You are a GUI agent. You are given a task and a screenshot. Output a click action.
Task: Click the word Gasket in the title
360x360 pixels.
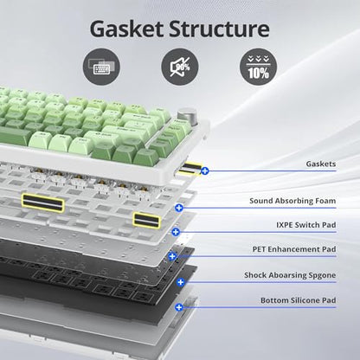click(126, 29)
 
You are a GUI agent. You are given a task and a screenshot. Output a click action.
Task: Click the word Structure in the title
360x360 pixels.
click(219, 29)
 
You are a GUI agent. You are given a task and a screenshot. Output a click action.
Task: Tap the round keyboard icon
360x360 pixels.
click(101, 67)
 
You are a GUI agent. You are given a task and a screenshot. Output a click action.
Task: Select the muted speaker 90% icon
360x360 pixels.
click(180, 67)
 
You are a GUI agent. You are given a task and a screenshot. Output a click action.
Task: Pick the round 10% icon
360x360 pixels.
click(259, 67)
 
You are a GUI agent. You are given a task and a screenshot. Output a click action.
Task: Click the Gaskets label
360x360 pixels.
click(321, 164)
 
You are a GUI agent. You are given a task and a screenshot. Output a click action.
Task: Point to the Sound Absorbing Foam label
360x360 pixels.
click(292, 201)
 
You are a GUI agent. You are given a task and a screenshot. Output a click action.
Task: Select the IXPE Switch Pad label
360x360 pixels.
click(306, 225)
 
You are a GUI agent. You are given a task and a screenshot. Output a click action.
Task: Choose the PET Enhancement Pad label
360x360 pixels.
click(294, 249)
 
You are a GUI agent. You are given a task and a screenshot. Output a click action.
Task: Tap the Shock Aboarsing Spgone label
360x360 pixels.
click(290, 275)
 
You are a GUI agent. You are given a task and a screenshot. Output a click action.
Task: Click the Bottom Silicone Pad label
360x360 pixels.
click(299, 300)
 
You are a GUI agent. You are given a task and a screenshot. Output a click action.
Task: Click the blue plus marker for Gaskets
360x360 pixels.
click(205, 171)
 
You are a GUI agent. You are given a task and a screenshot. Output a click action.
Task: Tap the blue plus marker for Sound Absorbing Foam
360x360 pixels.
click(179, 208)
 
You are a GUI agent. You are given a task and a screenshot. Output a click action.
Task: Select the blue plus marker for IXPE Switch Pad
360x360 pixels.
click(176, 232)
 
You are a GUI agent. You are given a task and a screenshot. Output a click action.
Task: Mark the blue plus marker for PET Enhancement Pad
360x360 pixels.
click(172, 256)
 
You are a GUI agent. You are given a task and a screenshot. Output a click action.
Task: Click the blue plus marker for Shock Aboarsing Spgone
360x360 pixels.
click(181, 282)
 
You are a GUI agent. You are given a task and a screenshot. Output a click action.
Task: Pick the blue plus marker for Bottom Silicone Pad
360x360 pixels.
click(179, 307)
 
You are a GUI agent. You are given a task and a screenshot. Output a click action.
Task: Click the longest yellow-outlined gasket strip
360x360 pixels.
click(42, 202)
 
